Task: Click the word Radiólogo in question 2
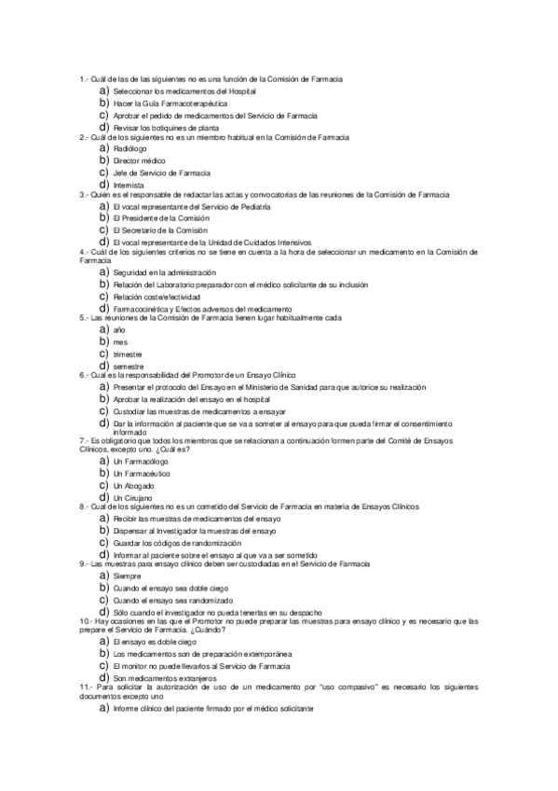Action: pyautogui.click(x=129, y=149)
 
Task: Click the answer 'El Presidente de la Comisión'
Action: pyautogui.click(x=157, y=217)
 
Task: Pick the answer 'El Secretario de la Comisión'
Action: pyautogui.click(x=157, y=229)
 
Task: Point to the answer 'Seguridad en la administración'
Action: pyautogui.click(x=163, y=272)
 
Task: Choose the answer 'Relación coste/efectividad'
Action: pyautogui.click(x=156, y=297)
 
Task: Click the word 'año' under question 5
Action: pyautogui.click(x=117, y=331)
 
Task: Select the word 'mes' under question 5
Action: pyautogui.click(x=119, y=343)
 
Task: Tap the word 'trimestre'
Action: pyautogui.click(x=127, y=355)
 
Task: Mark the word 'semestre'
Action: pyautogui.click(x=128, y=367)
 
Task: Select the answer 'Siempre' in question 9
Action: pyautogui.click(x=126, y=576)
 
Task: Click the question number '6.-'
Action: pyautogui.click(x=85, y=375)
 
